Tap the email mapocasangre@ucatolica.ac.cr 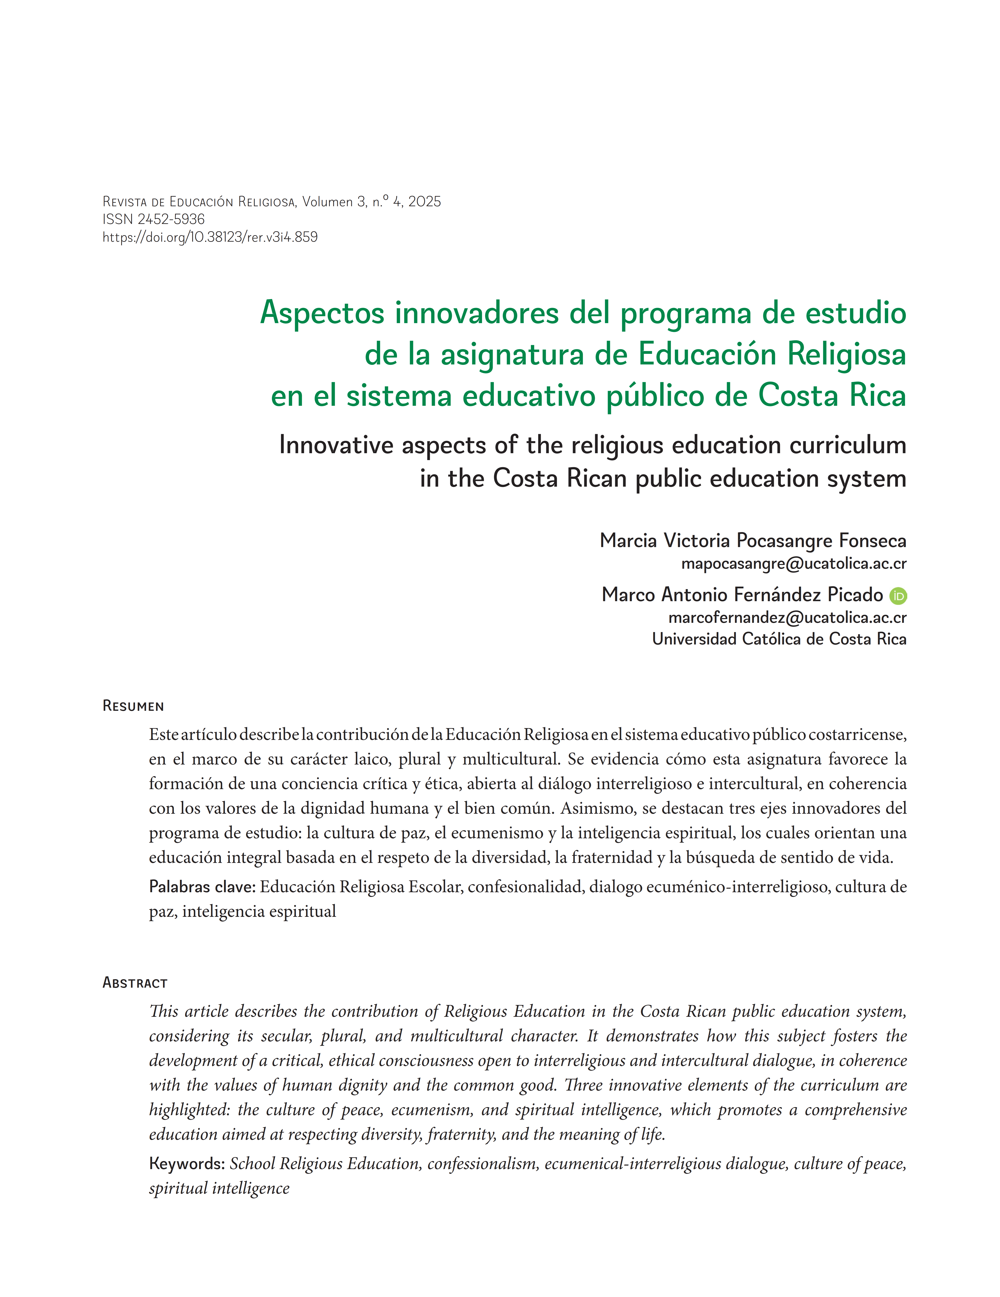click(x=793, y=564)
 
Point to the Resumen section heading click(x=133, y=706)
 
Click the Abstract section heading click(x=135, y=983)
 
